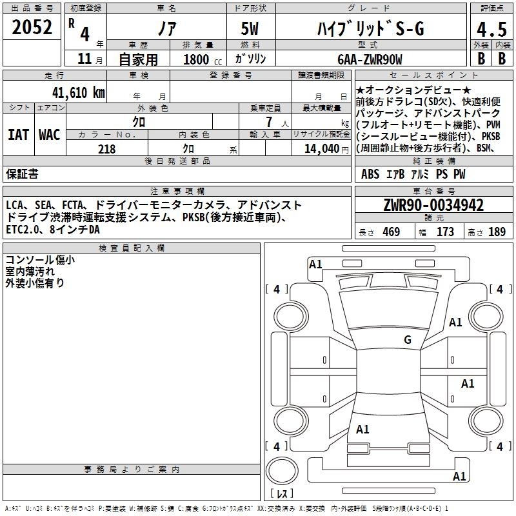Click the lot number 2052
[32, 27]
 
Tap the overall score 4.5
[491, 29]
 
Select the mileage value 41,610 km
[78, 93]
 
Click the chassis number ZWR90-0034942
[433, 205]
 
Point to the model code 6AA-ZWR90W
[370, 59]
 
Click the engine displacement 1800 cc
[203, 59]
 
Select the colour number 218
[106, 149]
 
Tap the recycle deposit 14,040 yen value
[326, 149]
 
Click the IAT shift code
[19, 135]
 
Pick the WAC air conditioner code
[50, 135]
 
